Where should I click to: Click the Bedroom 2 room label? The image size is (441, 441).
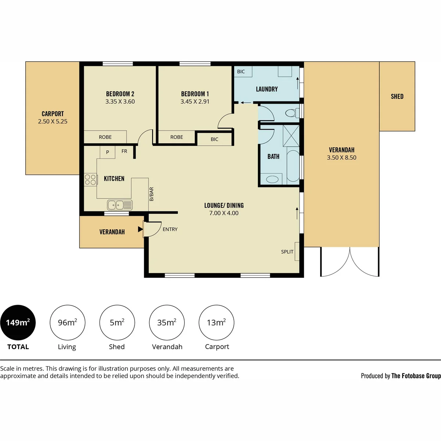tap(120, 94)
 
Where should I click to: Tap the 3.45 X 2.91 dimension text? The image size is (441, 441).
tap(195, 101)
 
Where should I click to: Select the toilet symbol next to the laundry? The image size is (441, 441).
tap(292, 113)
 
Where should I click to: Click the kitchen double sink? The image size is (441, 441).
tap(120, 205)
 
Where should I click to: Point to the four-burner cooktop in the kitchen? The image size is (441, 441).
tap(90, 180)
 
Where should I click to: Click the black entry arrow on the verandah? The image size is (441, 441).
tap(140, 229)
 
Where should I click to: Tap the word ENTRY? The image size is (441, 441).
tap(170, 229)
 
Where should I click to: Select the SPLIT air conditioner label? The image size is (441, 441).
tap(287, 252)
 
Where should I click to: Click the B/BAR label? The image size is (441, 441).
tap(151, 194)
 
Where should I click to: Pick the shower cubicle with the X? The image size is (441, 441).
tap(291, 136)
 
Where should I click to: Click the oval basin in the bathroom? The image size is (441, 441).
tap(272, 179)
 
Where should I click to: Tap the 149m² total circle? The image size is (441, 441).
tap(18, 322)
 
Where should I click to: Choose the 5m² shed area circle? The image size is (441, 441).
tap(117, 322)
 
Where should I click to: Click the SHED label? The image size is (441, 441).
tap(397, 97)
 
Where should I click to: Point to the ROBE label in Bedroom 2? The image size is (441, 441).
tap(105, 137)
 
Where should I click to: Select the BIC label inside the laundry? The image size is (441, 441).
tap(241, 72)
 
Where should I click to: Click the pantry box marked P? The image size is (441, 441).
tap(107, 152)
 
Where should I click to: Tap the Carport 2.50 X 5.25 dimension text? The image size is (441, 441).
tap(53, 122)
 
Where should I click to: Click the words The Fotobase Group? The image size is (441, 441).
tap(416, 376)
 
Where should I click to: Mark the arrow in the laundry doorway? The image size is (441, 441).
tap(246, 103)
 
